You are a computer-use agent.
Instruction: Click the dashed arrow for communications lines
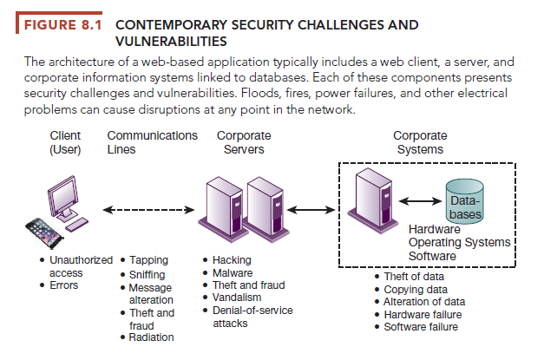[x=144, y=209]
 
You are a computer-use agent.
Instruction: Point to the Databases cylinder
[x=464, y=201]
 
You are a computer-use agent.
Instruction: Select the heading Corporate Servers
[x=243, y=142]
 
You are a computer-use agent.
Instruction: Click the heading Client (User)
[x=65, y=142]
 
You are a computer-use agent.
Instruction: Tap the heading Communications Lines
[x=152, y=142]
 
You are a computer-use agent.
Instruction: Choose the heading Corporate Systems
[x=420, y=142]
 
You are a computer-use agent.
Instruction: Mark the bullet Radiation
[x=151, y=337]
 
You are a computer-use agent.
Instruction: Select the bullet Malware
[x=234, y=272]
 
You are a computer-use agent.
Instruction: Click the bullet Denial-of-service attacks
[x=252, y=317]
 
